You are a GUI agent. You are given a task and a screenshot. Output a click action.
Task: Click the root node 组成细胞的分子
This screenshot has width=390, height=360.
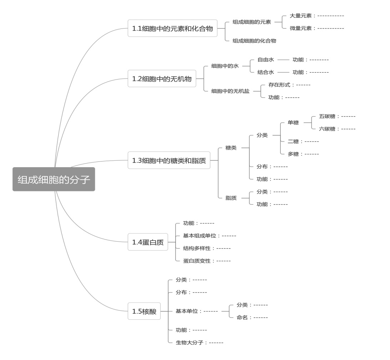[x=54, y=179]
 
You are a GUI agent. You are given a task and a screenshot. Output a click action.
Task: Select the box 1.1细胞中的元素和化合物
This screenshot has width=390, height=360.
[x=172, y=28]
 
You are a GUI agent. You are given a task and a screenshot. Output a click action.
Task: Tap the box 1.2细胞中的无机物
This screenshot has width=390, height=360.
[x=162, y=78]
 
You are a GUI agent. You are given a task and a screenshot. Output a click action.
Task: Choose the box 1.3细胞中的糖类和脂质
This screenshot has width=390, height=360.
[x=169, y=160]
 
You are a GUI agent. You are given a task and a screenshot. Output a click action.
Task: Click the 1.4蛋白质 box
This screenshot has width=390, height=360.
[x=148, y=242]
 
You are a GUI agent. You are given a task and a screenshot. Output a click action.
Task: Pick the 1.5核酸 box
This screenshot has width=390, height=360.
[x=144, y=311]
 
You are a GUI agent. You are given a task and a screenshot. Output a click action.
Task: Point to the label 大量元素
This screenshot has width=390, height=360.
[x=300, y=16]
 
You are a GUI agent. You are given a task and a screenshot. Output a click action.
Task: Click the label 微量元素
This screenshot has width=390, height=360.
[x=300, y=28]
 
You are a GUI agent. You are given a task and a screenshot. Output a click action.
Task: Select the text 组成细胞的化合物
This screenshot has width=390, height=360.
[x=254, y=41]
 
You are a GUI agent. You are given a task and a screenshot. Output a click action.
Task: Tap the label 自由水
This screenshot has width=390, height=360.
[x=265, y=60]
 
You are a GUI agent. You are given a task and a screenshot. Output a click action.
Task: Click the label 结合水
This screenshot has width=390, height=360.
[x=265, y=72]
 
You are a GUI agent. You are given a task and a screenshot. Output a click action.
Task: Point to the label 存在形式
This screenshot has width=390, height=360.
[x=279, y=85]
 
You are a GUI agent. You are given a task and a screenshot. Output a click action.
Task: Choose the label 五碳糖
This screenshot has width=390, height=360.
[x=327, y=116]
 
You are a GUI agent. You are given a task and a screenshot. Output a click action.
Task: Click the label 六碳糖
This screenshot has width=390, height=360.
[x=327, y=129]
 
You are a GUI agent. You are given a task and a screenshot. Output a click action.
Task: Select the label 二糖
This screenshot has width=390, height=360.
[x=293, y=142]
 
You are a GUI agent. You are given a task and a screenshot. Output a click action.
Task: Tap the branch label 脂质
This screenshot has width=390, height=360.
[x=231, y=198]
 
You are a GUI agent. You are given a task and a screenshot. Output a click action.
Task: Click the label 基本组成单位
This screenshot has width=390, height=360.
[x=199, y=236]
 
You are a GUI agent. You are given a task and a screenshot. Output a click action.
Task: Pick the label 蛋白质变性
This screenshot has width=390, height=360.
[x=197, y=261]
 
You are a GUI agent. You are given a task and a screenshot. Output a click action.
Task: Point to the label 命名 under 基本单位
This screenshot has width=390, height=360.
[x=242, y=317]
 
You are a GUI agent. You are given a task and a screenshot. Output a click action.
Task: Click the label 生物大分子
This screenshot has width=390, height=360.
[x=189, y=343]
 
